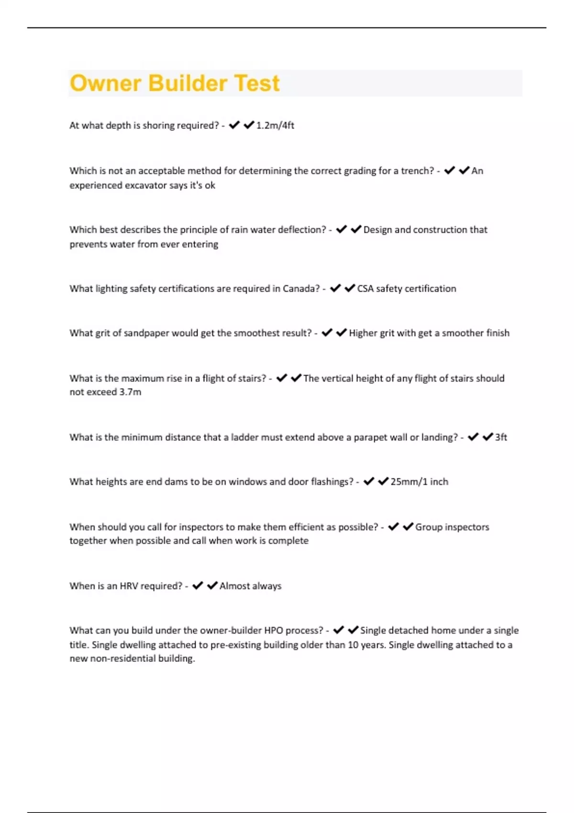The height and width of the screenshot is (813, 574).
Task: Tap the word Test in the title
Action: (257, 83)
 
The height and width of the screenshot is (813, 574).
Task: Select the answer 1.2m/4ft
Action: (275, 125)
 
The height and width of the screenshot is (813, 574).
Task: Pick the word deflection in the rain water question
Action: (303, 230)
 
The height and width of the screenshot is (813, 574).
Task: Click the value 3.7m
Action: (130, 392)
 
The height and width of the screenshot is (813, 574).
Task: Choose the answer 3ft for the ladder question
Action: (501, 437)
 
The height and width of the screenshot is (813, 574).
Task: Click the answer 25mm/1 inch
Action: (419, 482)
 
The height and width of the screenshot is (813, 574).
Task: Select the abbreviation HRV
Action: (129, 586)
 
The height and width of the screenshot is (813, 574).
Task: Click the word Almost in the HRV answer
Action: (234, 586)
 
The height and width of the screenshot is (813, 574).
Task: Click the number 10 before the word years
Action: (353, 645)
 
